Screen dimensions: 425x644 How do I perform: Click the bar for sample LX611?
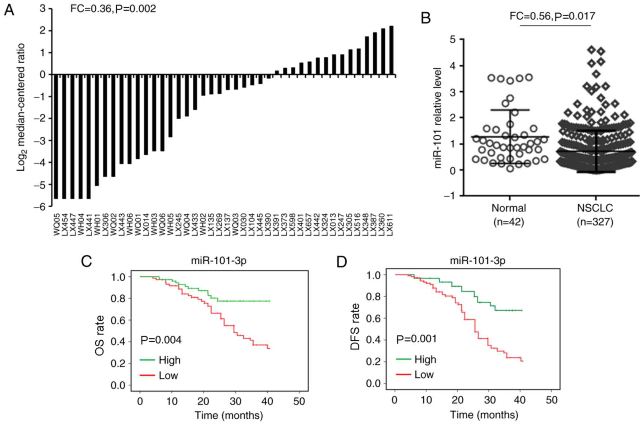click(391, 50)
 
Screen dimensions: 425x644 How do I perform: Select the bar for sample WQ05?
click(56, 136)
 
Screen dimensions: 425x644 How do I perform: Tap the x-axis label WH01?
click(97, 225)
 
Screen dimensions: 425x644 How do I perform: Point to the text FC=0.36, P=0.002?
click(113, 9)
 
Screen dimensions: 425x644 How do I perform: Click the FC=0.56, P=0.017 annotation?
click(552, 16)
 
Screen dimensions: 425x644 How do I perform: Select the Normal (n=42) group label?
click(509, 215)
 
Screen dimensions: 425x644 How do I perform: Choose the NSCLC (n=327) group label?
click(595, 215)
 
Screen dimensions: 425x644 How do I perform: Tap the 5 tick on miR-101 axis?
click(453, 39)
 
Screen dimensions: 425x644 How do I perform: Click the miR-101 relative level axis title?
click(438, 118)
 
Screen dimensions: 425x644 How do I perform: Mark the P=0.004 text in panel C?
click(161, 340)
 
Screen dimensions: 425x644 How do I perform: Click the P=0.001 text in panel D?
click(416, 339)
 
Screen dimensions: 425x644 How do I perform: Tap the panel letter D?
click(342, 262)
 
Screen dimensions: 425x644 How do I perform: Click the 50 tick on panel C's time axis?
click(299, 402)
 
